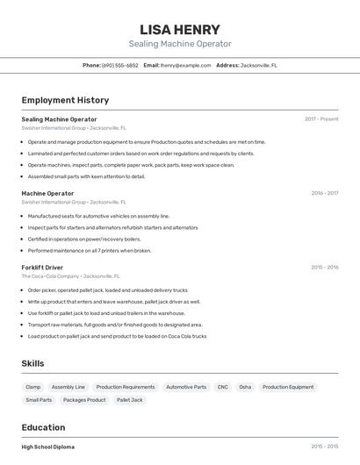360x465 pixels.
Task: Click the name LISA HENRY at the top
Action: pyautogui.click(x=180, y=29)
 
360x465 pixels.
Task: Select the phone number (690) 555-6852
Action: pyautogui.click(x=120, y=65)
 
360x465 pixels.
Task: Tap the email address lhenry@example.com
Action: pyautogui.click(x=186, y=65)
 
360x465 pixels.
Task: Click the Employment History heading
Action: pyautogui.click(x=65, y=100)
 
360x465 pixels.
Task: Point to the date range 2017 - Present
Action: pyautogui.click(x=321, y=119)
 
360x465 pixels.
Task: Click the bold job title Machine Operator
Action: pyautogui.click(x=47, y=193)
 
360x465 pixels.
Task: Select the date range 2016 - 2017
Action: pyautogui.click(x=324, y=193)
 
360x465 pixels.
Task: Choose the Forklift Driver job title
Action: pyautogui.click(x=42, y=267)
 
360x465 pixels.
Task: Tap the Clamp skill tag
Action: pyautogui.click(x=33, y=387)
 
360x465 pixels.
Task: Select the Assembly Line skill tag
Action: pyautogui.click(x=68, y=387)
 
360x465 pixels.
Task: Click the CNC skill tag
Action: pyautogui.click(x=222, y=387)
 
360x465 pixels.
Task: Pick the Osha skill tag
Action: pyautogui.click(x=245, y=387)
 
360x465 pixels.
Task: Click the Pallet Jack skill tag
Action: pyautogui.click(x=130, y=400)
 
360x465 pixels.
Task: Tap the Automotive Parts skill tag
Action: pyautogui.click(x=186, y=387)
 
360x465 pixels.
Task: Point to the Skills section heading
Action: pyautogui.click(x=32, y=363)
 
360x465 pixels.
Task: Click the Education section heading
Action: pyautogui.click(x=44, y=427)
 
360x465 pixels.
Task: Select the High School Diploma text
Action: pyautogui.click(x=47, y=447)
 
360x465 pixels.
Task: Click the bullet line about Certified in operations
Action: pyautogui.click(x=83, y=239)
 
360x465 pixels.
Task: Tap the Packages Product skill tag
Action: pyautogui.click(x=84, y=400)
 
